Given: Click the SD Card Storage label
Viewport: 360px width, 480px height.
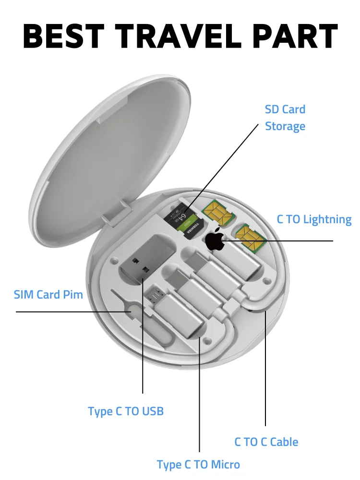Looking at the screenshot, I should pos(285,118).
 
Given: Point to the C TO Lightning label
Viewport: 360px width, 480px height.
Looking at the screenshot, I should pos(314,219).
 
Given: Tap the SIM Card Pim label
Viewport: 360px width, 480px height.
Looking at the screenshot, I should pos(48,294).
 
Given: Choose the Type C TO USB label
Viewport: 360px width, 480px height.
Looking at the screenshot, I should pos(126,411).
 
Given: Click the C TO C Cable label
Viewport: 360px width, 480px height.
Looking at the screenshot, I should pos(266,442).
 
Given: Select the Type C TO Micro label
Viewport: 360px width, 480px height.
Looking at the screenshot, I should pos(198,465).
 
